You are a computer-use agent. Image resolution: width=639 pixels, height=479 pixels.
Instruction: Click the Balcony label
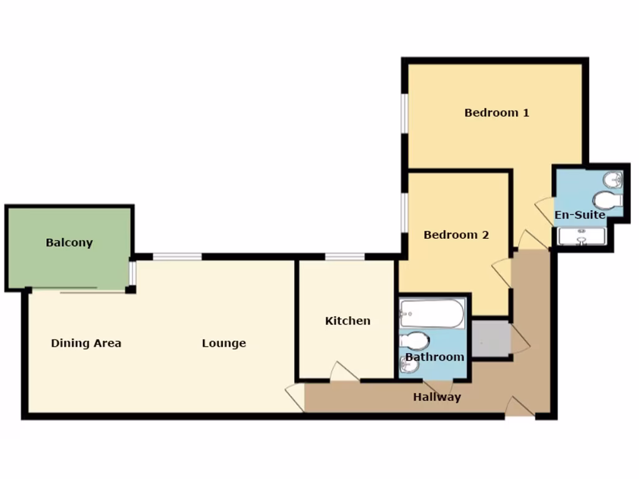69,243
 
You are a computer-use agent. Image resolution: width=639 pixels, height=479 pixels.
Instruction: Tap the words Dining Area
86,343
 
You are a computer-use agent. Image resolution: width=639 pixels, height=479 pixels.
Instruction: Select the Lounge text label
224,343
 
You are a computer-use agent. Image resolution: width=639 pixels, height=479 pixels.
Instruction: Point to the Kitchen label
348,321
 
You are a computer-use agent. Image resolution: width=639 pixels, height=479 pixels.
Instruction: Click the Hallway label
437,397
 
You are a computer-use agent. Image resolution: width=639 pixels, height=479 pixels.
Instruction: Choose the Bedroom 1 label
497,113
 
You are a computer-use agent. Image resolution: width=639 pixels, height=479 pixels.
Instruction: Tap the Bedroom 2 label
456,235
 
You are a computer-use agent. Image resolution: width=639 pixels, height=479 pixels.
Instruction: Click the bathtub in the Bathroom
432,313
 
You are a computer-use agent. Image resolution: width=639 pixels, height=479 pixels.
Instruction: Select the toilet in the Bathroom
416,341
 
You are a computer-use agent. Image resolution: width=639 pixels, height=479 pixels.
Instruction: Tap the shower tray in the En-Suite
581,237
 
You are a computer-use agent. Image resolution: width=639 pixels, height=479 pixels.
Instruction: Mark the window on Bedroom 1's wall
404,113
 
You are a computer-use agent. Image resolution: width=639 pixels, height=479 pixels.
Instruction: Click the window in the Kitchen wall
345,256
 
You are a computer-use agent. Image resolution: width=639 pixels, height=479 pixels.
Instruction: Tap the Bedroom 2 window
404,212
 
